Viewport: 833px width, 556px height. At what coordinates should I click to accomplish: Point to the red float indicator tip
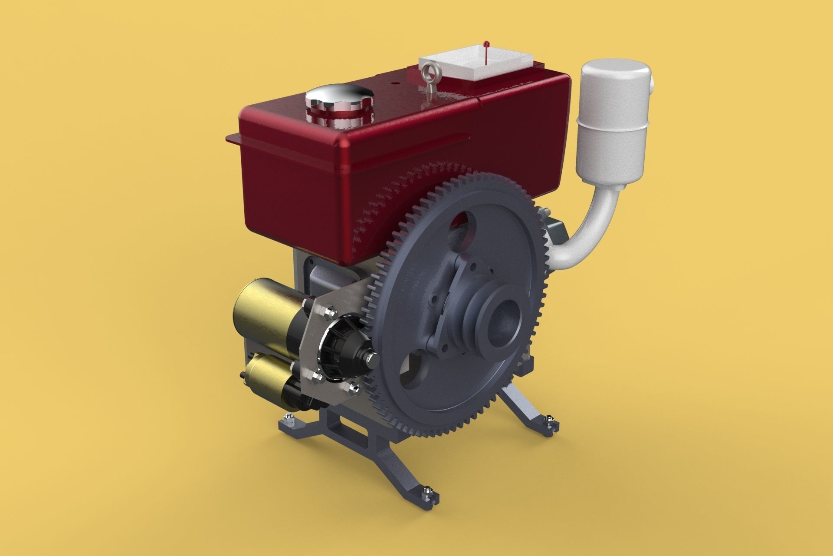(x=486, y=44)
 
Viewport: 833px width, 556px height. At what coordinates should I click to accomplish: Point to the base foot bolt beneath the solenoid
(x=288, y=417)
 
